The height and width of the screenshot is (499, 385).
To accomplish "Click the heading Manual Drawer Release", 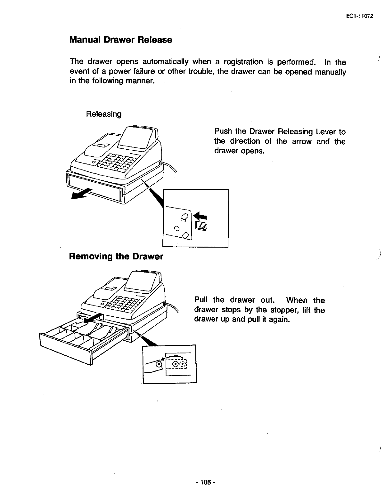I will click(120, 40).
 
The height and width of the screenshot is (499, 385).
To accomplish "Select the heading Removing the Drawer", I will click(116, 257).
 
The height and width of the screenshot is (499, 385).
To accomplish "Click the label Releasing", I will click(104, 114).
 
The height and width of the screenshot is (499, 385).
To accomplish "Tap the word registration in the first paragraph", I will click(245, 62).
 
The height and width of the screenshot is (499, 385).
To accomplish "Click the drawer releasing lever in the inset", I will click(202, 226).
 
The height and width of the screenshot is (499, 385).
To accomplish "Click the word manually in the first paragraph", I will click(330, 72).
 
